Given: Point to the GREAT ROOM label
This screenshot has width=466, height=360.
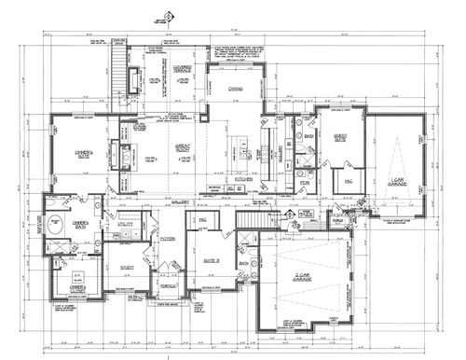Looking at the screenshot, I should (181, 146).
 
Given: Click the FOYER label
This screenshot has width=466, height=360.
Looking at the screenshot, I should (167, 239).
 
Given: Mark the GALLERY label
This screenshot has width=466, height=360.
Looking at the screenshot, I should (180, 201).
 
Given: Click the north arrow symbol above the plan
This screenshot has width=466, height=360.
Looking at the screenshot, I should (168, 16).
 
